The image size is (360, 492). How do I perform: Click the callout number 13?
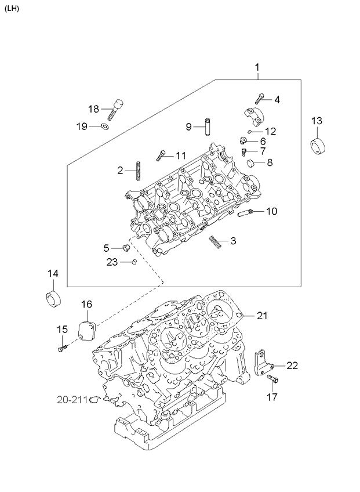(x=317, y=121)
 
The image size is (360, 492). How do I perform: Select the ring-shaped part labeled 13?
(x=318, y=146)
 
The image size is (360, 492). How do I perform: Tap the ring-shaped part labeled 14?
(x=54, y=299)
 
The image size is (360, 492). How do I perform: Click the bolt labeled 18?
(x=115, y=109)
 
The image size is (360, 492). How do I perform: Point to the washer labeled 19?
(x=105, y=126)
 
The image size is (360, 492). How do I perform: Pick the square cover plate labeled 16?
(x=87, y=330)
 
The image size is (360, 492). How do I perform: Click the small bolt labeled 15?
(x=63, y=348)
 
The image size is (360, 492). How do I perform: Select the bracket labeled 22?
(x=263, y=364)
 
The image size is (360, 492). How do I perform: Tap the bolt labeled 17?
(x=272, y=379)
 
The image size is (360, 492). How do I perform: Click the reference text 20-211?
(x=72, y=400)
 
